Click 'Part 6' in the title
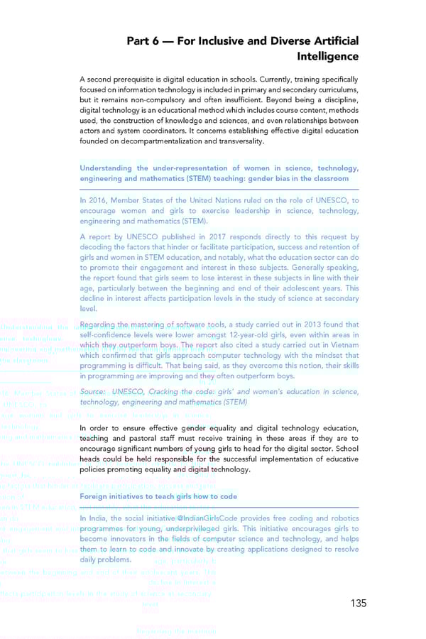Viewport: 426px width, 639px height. click(x=144, y=40)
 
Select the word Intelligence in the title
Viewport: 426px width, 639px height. click(x=326, y=56)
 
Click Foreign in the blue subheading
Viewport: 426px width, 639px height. click(x=96, y=496)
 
